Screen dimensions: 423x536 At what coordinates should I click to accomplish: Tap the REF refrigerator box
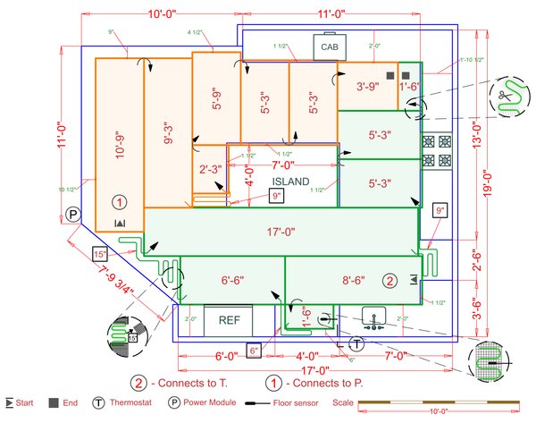[229, 319]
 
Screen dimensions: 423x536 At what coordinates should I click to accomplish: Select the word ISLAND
[290, 182]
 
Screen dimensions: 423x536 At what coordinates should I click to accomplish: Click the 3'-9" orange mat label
[367, 87]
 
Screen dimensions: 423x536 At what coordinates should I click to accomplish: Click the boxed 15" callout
[100, 254]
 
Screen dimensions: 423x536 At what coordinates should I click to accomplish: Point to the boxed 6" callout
[254, 350]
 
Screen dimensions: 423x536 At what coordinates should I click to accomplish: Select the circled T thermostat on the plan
[356, 343]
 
